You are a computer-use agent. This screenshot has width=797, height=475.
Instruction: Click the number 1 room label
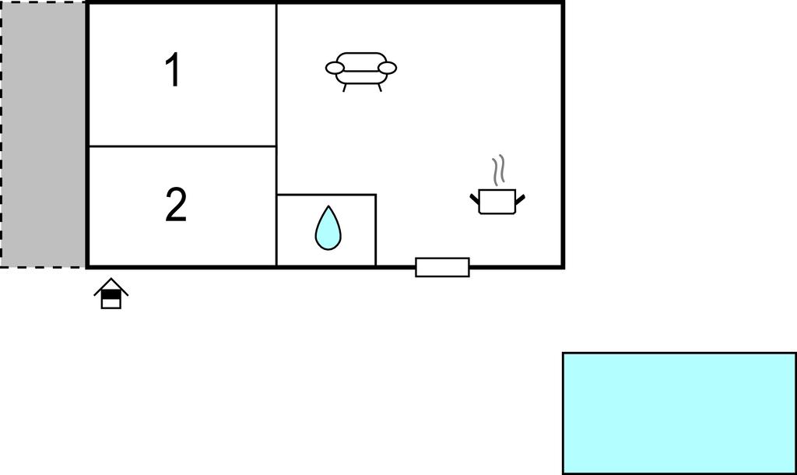173,70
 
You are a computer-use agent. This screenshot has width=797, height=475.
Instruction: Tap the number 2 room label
176,206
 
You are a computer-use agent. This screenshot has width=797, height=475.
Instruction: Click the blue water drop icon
328,229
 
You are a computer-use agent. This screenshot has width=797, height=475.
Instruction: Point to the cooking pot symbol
497,201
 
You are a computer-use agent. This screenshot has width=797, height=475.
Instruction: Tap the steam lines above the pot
498,170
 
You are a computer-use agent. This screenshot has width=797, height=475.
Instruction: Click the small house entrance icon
111,294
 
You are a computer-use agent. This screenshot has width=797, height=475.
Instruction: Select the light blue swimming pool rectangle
679,413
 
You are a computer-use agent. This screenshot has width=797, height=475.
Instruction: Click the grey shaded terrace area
44,134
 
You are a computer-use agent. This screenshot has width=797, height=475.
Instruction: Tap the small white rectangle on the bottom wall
442,267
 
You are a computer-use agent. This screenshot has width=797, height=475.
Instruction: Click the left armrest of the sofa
335,69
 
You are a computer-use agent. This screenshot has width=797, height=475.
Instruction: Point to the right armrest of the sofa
387,69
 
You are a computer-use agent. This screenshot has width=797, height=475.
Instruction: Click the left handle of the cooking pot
474,201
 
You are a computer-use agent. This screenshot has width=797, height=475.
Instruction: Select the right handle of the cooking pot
520,200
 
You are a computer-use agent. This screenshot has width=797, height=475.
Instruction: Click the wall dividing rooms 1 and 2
182,146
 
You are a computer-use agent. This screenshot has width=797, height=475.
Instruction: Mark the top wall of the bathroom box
327,195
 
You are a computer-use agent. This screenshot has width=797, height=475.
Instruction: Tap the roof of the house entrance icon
111,285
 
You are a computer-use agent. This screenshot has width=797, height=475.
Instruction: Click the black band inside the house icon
111,294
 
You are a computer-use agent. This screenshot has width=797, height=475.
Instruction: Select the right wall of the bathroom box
376,230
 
